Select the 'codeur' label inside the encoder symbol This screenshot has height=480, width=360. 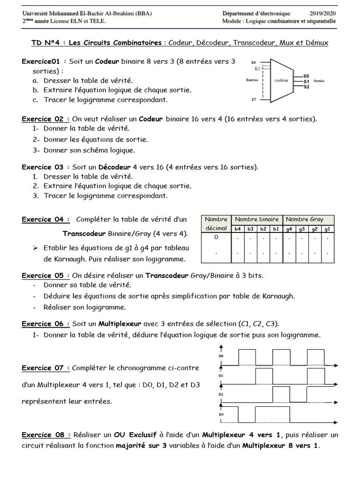281,80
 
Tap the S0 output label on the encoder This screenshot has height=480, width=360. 306,75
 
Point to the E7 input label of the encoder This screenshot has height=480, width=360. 254,100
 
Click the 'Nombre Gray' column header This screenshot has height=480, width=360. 304,219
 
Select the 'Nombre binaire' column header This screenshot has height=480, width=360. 257,219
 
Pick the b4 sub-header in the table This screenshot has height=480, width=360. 238,228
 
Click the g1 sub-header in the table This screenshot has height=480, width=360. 327,228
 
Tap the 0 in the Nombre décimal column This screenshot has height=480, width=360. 216,237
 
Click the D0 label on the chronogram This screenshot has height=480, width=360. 221,356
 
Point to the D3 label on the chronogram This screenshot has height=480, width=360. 221,414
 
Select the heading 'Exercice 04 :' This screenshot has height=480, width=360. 46,219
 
